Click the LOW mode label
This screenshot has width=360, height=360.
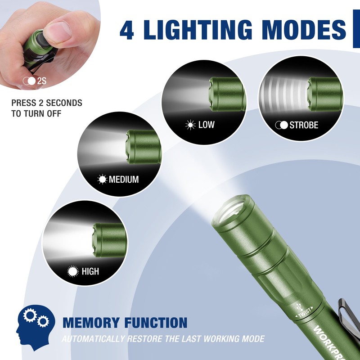(x=206, y=125)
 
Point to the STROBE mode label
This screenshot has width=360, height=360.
(x=304, y=125)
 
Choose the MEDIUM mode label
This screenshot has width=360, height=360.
(x=124, y=180)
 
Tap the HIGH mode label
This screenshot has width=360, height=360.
(x=90, y=271)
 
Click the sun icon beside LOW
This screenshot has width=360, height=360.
(x=190, y=125)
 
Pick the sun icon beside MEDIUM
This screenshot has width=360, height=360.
(x=103, y=180)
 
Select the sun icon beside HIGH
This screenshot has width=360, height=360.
(x=72, y=271)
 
